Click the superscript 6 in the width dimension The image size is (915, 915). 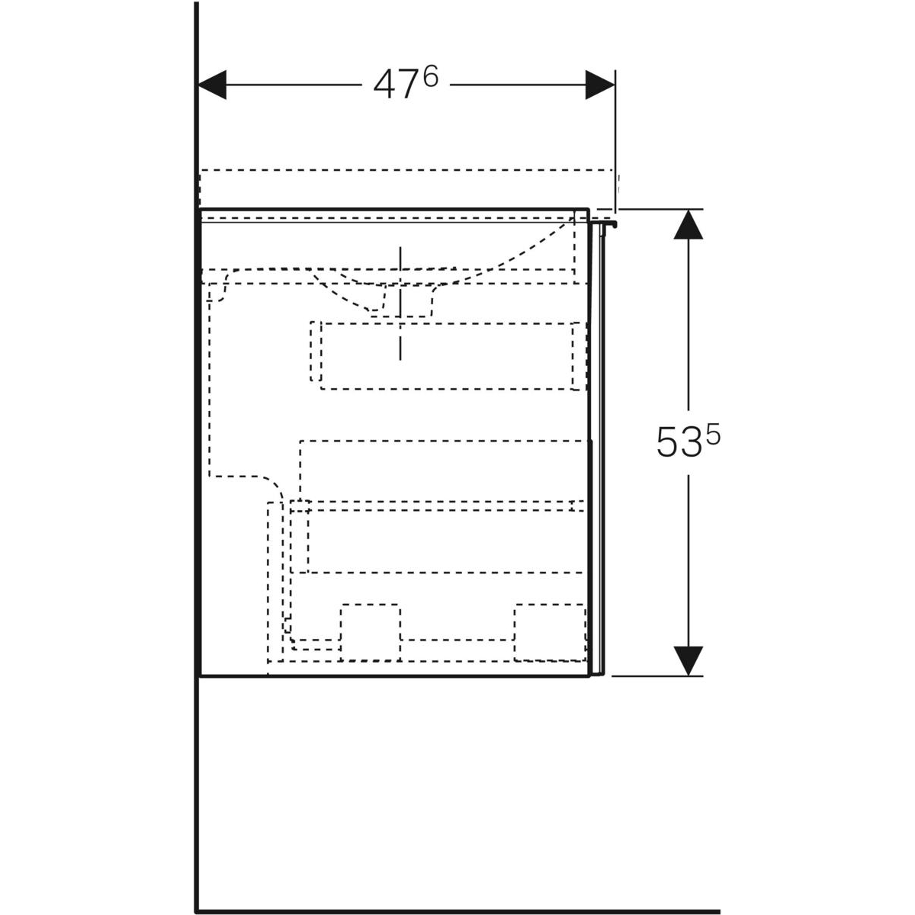coord(430,76)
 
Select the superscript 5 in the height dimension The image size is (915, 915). coord(712,435)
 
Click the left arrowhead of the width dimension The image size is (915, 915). coord(212,85)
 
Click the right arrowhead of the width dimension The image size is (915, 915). coord(600,85)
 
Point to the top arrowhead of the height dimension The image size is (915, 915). coord(688,225)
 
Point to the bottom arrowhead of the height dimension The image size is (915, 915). coord(688,660)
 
